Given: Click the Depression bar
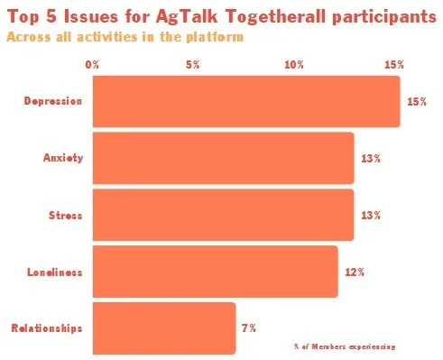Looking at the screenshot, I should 245,101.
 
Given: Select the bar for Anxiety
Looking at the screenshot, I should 223,158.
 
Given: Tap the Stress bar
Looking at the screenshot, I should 223,215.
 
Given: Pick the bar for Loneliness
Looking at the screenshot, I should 215,271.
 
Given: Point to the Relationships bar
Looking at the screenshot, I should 163,328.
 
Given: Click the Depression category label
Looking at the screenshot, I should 53,101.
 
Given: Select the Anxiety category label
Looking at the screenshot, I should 63,158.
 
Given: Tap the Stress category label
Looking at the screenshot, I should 65,215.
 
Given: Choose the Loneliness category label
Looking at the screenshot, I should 55,271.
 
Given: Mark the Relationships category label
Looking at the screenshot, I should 47,328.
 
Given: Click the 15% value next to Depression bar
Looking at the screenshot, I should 416,102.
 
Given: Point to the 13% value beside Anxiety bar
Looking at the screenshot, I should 371,158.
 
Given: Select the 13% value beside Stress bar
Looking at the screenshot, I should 371,215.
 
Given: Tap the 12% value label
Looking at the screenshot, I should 355,271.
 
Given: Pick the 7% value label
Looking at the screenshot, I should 249,327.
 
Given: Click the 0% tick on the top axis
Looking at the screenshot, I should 92,65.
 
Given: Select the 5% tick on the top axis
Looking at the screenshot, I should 192,65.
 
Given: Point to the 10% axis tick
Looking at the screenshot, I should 293,65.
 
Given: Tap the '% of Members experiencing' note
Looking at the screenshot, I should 344,346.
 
